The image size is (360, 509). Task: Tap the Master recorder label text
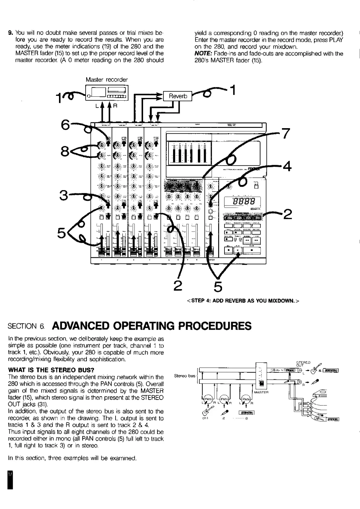coord(106,80)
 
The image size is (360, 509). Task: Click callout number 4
coord(287,166)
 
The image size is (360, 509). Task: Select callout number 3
coord(64,196)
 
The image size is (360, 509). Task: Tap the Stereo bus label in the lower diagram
coord(185,376)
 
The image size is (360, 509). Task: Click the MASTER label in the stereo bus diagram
coord(261,392)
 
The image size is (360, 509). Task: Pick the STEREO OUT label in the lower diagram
coord(303,364)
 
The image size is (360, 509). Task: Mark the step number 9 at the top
coord(11,33)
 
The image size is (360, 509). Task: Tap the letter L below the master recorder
coord(97,106)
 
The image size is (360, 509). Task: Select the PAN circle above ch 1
coord(208,399)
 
